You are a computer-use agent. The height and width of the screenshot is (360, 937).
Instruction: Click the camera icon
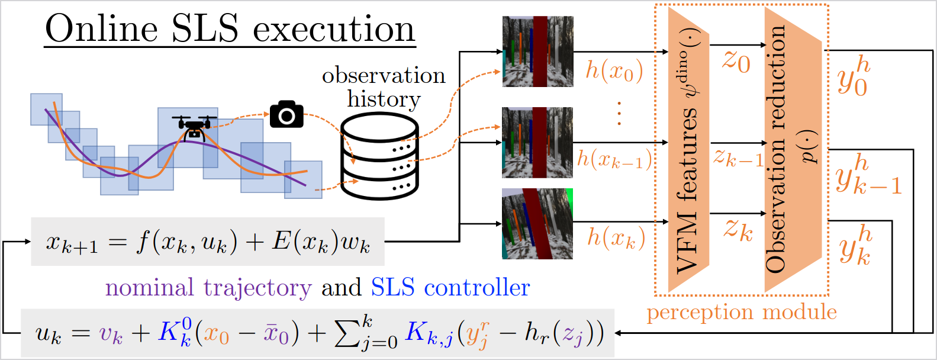(x=286, y=114)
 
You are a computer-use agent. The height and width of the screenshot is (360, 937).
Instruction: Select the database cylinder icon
(x=379, y=156)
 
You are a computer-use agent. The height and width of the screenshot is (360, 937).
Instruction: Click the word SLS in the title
(x=205, y=28)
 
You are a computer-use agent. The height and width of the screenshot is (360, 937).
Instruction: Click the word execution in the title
(x=334, y=29)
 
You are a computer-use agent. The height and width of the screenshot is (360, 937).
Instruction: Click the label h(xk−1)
(x=614, y=159)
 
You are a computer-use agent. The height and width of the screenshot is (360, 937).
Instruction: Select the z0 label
(x=736, y=63)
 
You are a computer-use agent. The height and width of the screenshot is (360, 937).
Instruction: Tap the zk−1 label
(x=739, y=158)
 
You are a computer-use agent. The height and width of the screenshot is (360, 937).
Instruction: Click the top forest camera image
(x=537, y=52)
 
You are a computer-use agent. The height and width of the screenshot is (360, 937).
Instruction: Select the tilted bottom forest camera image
(x=537, y=224)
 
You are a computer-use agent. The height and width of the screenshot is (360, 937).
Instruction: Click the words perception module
(x=742, y=313)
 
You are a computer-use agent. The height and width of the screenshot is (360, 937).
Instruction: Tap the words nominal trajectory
(x=208, y=288)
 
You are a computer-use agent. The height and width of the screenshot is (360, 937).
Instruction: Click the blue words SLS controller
(x=450, y=287)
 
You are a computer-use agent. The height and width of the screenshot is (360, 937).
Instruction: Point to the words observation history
(x=384, y=87)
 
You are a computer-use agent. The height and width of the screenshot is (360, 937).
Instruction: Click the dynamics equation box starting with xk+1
(x=208, y=242)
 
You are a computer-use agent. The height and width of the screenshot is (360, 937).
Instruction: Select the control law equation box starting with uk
(x=317, y=333)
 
